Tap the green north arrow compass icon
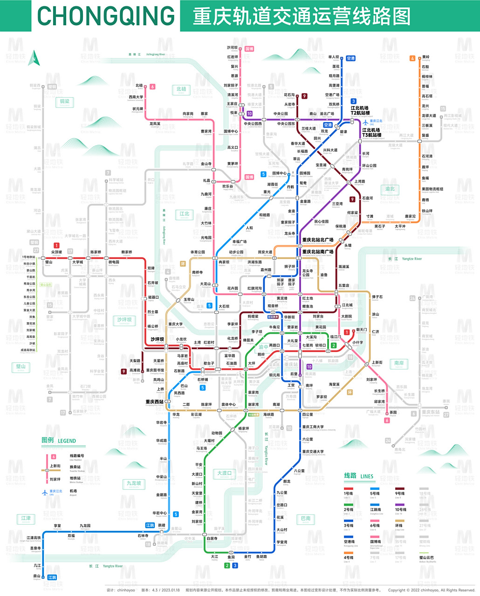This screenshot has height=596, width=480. click(34, 59)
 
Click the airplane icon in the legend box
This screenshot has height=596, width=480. click(45, 492)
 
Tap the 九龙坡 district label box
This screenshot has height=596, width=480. click(134, 483)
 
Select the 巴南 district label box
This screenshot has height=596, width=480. click(305, 518)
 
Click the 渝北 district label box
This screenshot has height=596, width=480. click(390, 189)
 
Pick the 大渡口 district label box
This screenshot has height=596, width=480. click(224, 474)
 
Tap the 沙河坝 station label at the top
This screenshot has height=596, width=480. click(232, 48)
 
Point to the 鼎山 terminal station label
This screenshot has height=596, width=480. click(37, 576)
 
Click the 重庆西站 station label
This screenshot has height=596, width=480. click(154, 402)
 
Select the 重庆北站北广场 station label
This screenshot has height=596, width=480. click(318, 240)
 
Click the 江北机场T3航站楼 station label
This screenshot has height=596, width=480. click(371, 133)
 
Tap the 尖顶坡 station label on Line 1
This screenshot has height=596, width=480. click(56, 252)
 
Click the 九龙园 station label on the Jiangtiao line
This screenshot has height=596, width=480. click(85, 526)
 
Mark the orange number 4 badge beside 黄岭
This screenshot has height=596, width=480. click(412, 58)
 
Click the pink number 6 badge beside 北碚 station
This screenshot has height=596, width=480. click(152, 87)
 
